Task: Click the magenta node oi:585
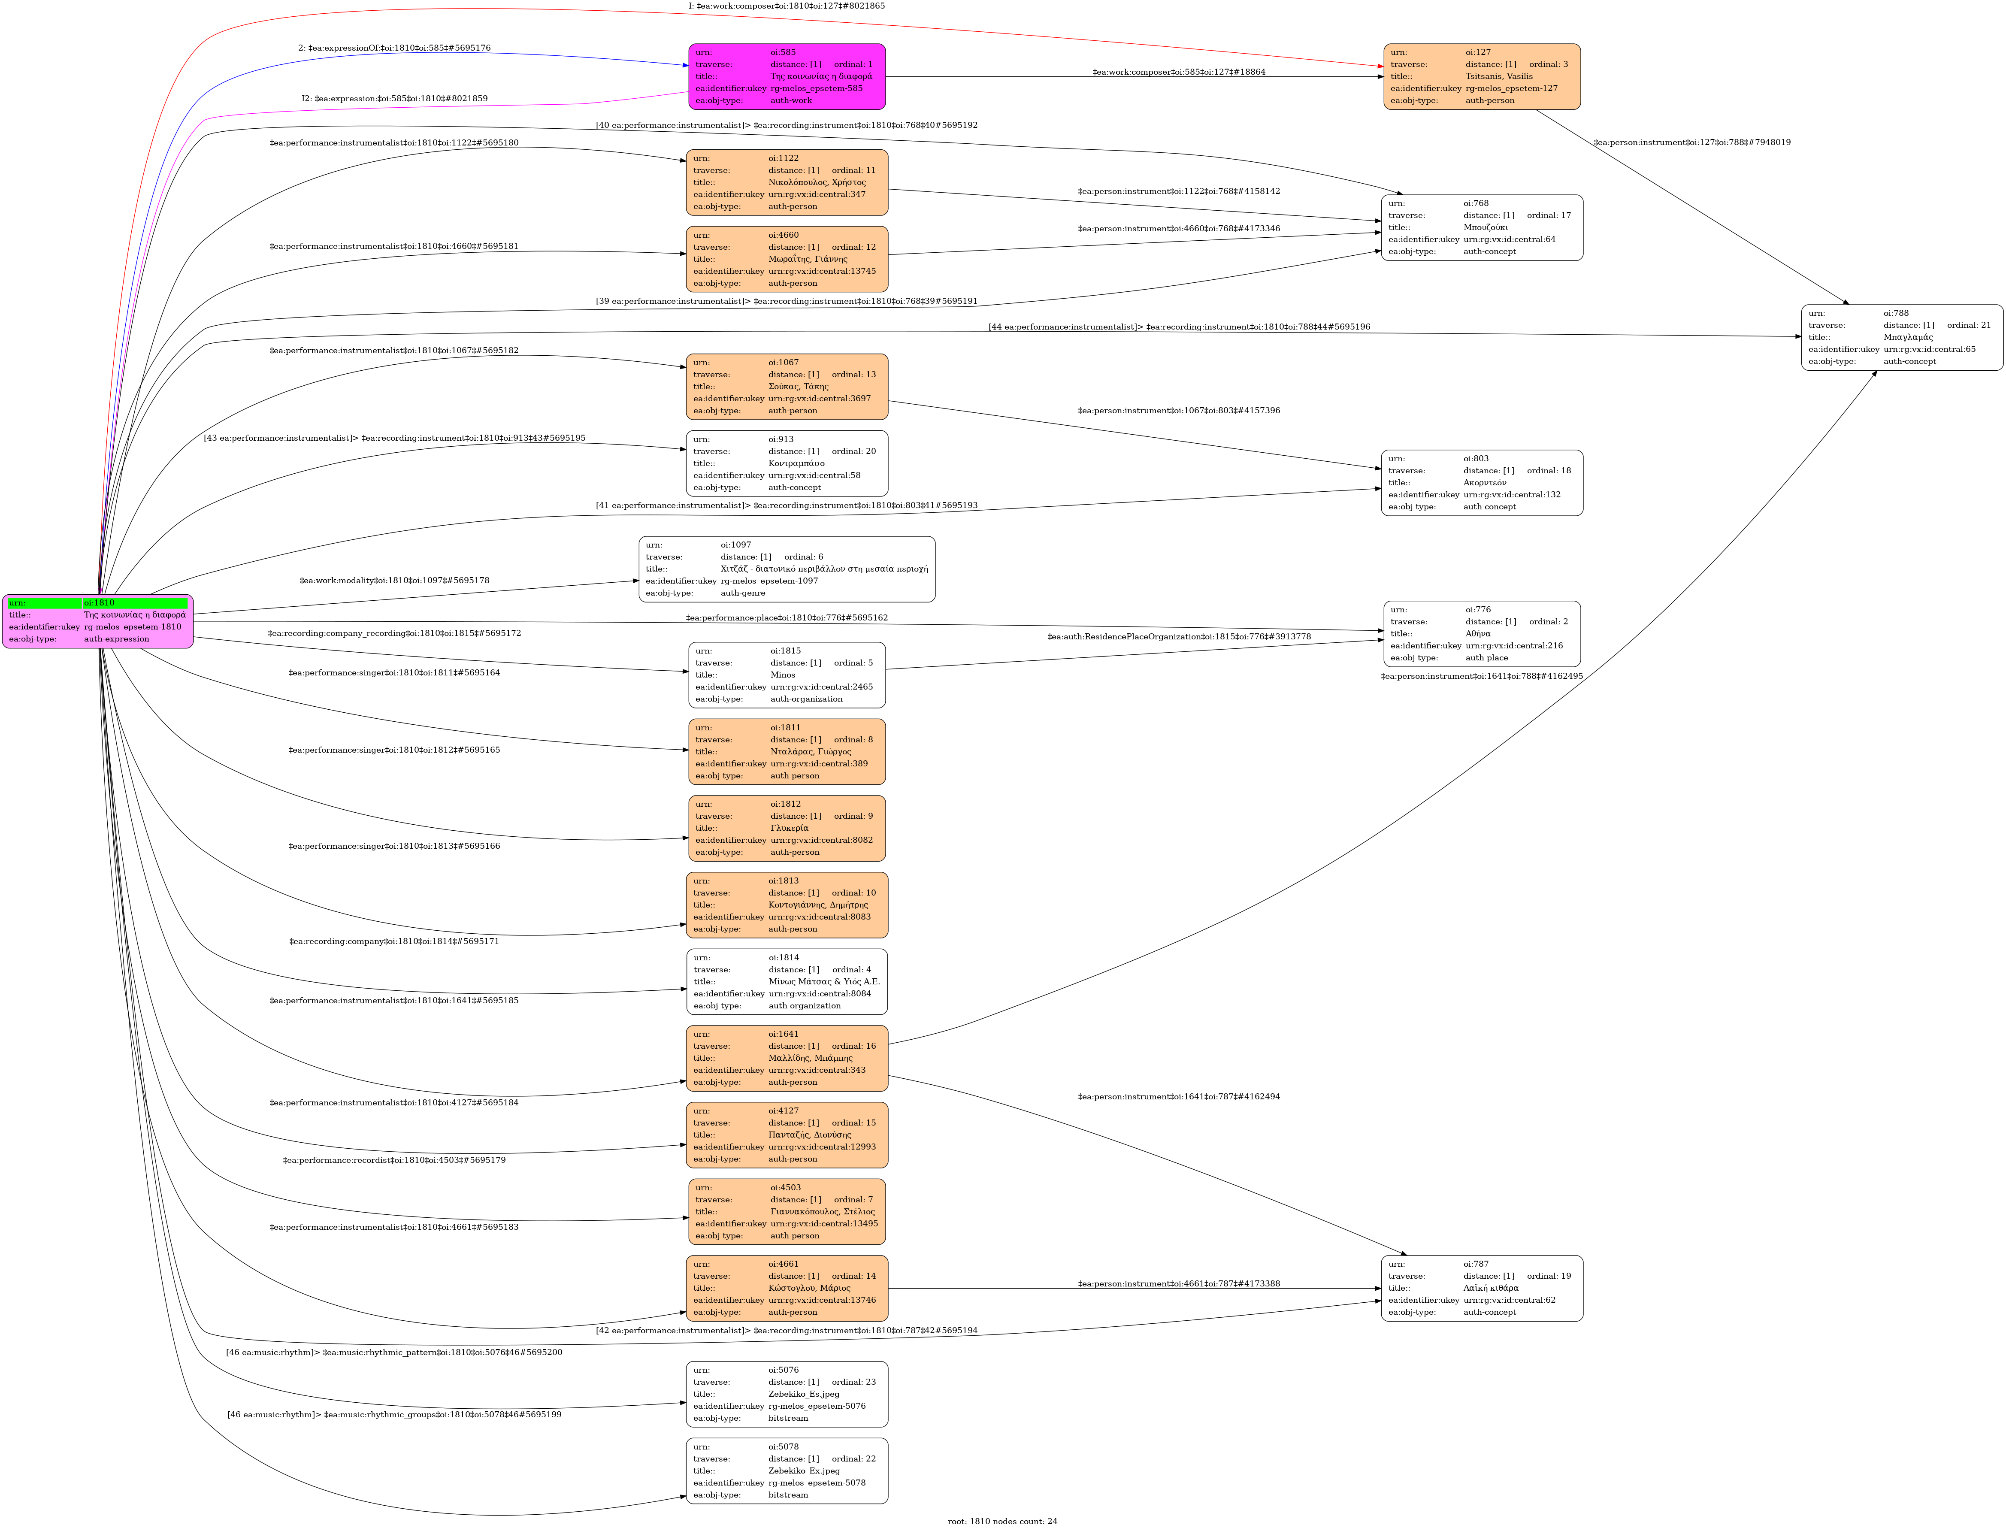787,76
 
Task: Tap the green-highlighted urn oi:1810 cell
135,602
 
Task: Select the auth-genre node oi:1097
787,569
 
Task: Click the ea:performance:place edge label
787,618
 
